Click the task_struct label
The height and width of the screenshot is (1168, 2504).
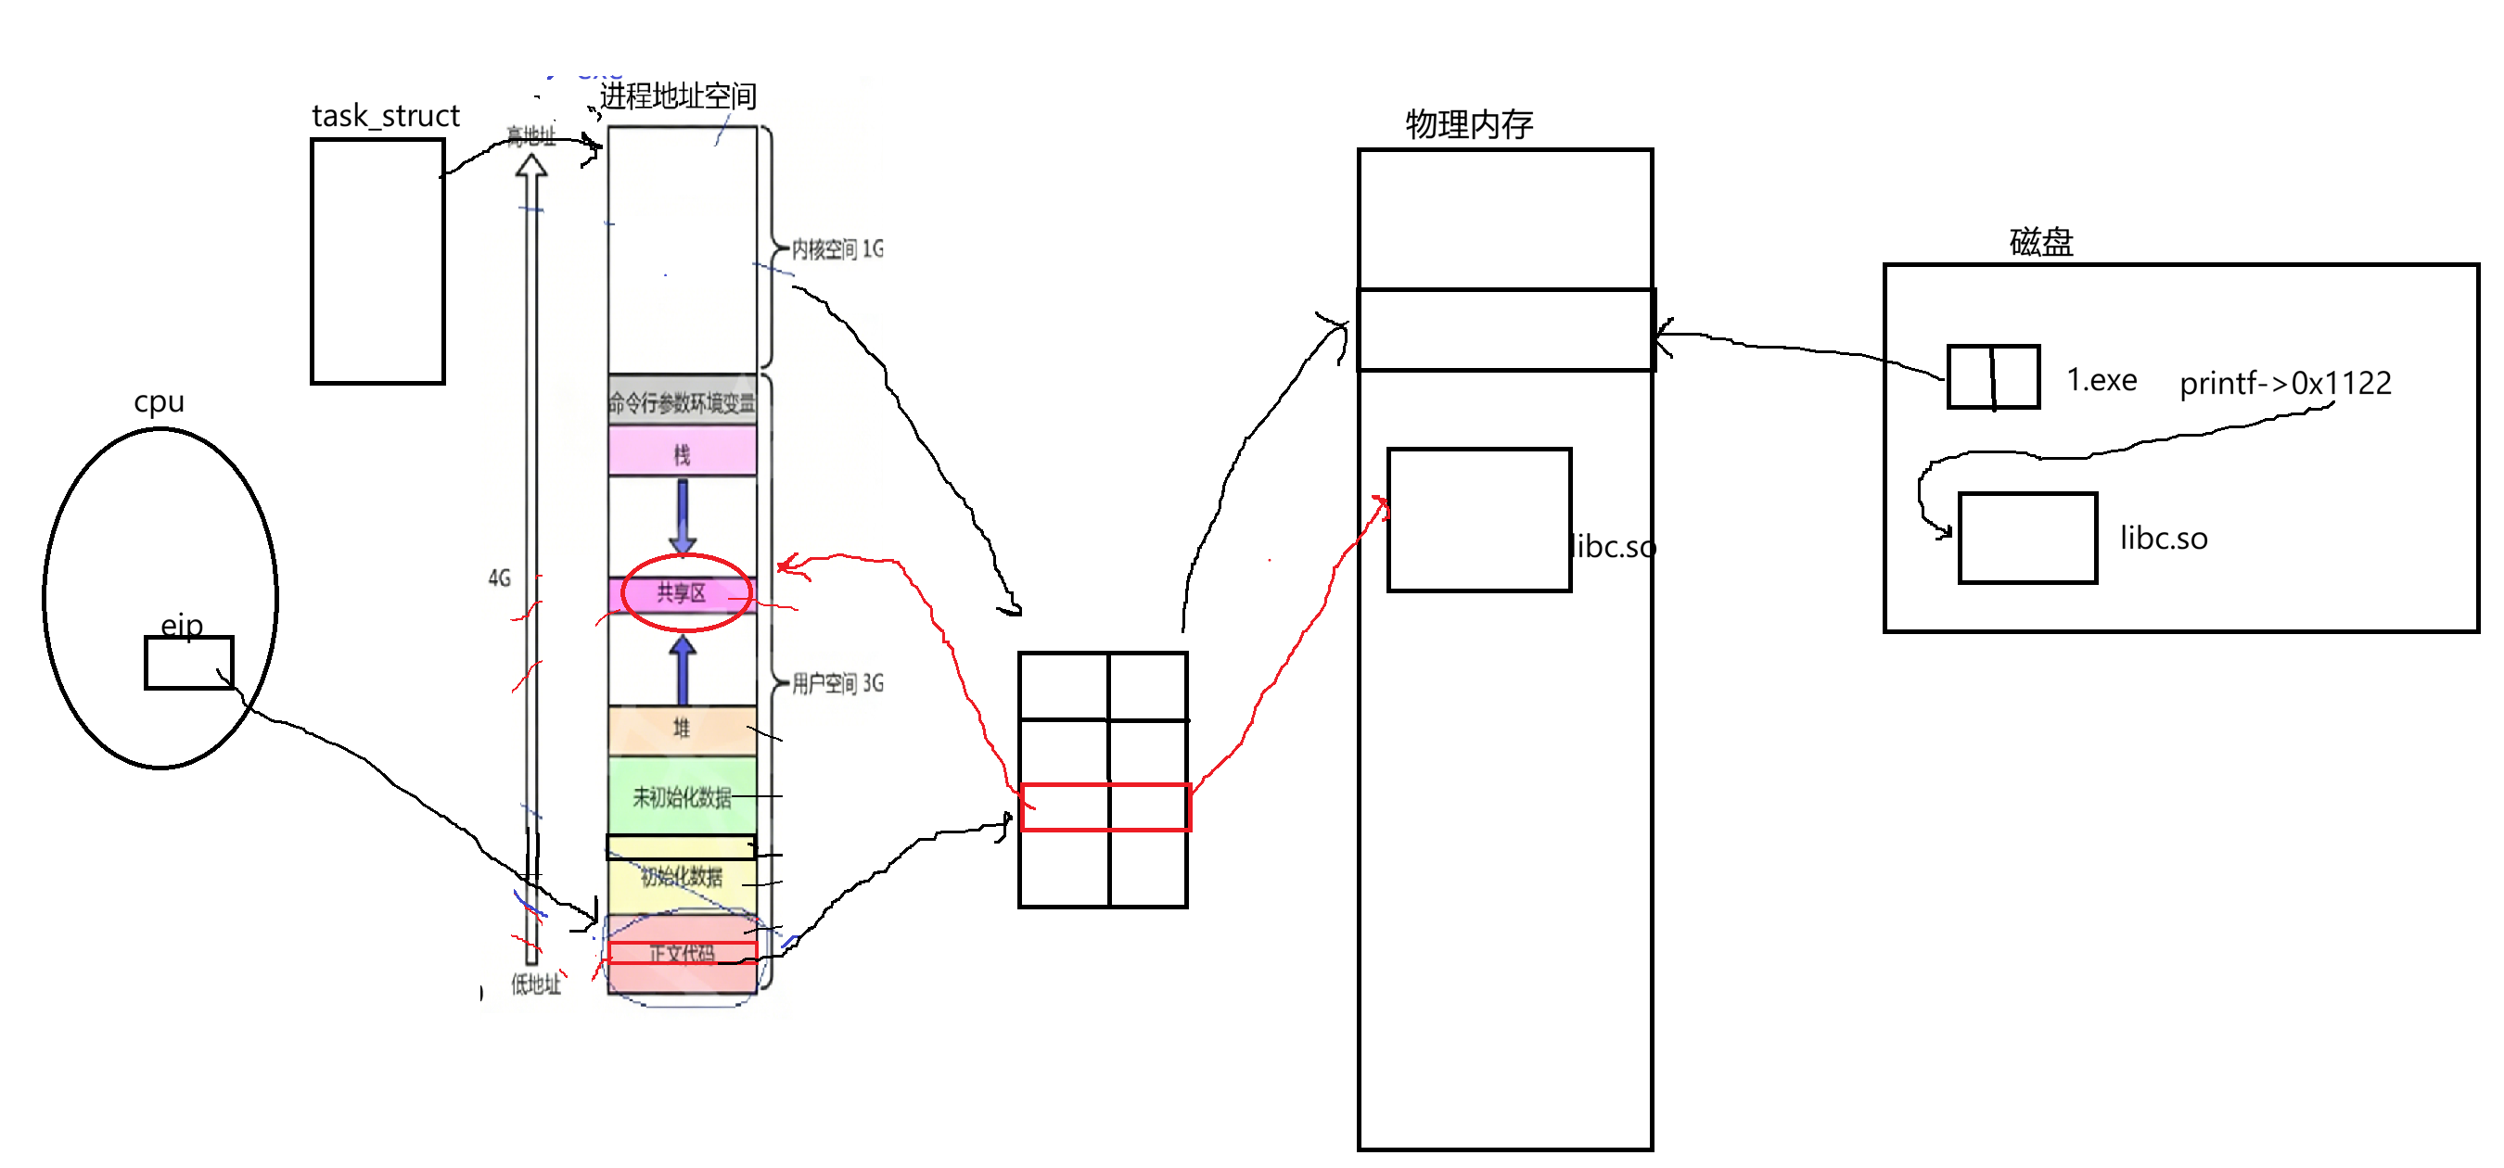385,116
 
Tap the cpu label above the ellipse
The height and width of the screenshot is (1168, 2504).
159,401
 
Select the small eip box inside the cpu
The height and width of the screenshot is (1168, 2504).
188,663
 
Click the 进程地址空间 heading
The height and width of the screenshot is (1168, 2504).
678,96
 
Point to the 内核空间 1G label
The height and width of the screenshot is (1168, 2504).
837,249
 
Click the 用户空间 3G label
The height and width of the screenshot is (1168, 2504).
837,683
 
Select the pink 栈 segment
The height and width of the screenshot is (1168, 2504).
683,452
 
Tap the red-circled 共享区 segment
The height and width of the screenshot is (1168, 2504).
683,592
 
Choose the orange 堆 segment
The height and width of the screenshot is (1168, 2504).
683,729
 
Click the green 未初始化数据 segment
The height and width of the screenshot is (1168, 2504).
683,797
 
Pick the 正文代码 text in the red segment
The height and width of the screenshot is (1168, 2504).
683,953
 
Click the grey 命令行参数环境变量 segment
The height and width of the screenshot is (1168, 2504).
683,401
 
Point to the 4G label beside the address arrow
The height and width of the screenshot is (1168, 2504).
499,579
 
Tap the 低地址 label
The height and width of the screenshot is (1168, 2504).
537,984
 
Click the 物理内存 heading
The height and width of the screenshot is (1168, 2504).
1469,124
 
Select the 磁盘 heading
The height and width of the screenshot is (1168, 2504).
2041,242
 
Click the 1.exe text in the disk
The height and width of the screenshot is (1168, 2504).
2102,380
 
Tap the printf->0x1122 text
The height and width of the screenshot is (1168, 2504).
2284,383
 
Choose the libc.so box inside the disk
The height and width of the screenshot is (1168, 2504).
2026,539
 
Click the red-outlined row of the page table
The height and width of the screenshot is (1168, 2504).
1105,807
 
